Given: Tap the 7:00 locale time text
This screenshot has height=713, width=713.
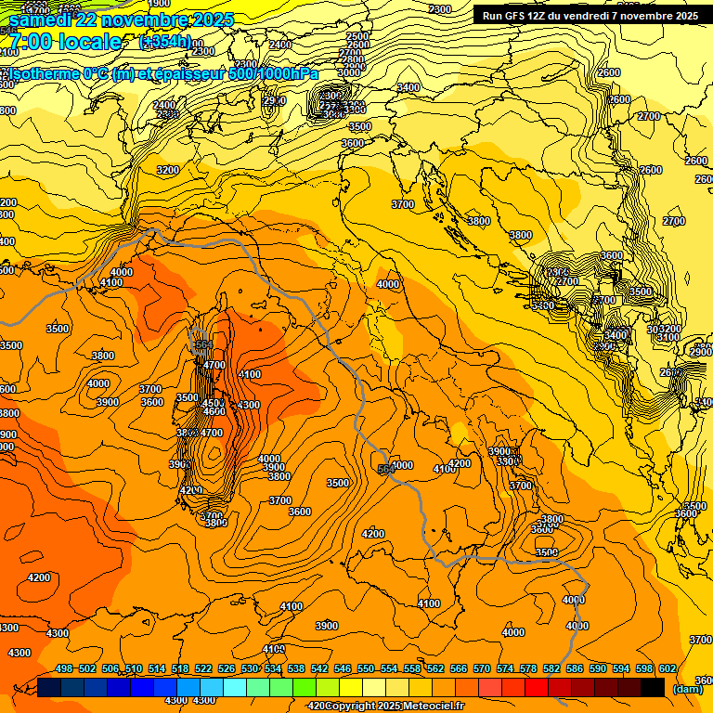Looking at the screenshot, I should point(65,42).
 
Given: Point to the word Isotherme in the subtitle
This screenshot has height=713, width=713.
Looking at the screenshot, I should point(43,73).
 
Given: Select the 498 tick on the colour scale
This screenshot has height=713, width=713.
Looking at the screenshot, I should point(64,668).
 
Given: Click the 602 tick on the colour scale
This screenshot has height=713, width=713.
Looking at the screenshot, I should point(667,668).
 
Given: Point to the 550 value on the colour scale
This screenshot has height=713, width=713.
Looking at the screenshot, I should point(366,668).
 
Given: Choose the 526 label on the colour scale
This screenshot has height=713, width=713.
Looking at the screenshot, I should point(227,668).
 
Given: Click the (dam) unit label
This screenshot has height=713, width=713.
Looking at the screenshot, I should point(687,689).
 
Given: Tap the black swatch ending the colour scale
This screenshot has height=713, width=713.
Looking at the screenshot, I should point(653,687).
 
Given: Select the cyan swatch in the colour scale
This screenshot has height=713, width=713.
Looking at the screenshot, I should point(235,687).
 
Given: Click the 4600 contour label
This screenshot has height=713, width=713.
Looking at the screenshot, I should point(214,411).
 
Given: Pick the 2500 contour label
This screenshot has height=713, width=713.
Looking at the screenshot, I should point(356,36).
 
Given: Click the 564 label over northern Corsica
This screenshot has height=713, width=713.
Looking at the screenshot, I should point(201,344).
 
